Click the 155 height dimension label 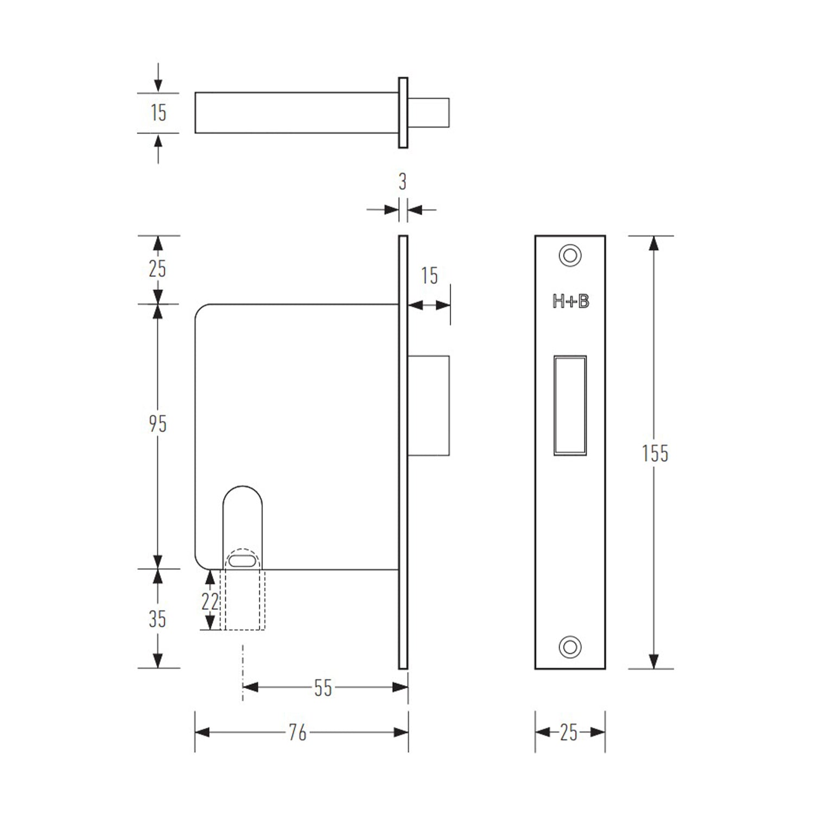click(x=654, y=453)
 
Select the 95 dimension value click(x=157, y=424)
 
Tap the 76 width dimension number click(x=297, y=733)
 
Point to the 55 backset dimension click(x=323, y=688)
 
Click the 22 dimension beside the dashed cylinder click(x=209, y=602)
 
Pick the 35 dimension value click(x=157, y=619)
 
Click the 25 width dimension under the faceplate click(x=569, y=733)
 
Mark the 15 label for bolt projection click(x=429, y=276)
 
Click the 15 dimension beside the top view click(x=158, y=113)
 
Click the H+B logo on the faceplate click(x=570, y=302)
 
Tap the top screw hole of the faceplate click(x=570, y=255)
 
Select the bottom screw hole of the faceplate click(x=570, y=647)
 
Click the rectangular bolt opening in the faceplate click(x=570, y=405)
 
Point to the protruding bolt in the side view click(x=429, y=405)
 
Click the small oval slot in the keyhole click(x=242, y=561)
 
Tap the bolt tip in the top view click(x=432, y=113)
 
